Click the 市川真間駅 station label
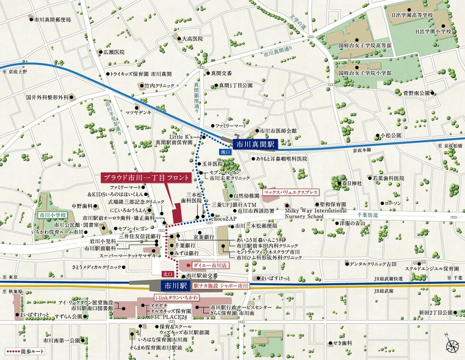[256, 143]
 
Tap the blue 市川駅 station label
[174, 285]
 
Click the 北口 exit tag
[167, 274]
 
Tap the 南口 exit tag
[225, 152]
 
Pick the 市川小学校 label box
[53, 215]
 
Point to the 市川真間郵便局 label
[52, 19]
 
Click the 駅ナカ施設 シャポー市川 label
[221, 286]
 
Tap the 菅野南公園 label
[416, 93]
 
